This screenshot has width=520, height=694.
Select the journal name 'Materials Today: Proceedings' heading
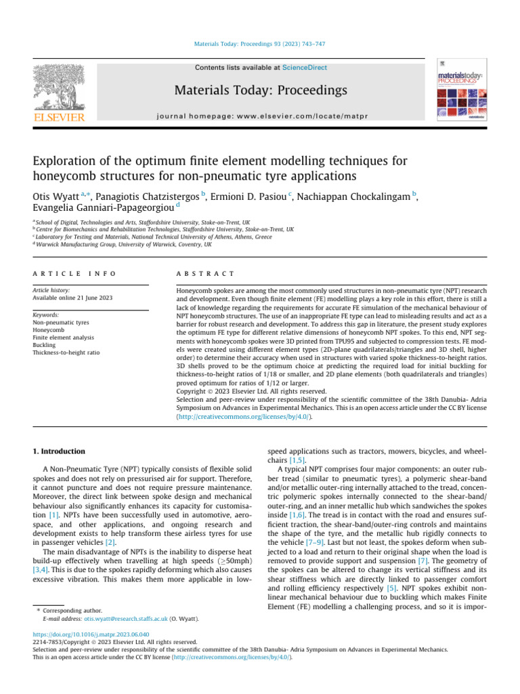(261, 91)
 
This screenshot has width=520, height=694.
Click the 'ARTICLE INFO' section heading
(74, 273)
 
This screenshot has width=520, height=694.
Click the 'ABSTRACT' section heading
(204, 273)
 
